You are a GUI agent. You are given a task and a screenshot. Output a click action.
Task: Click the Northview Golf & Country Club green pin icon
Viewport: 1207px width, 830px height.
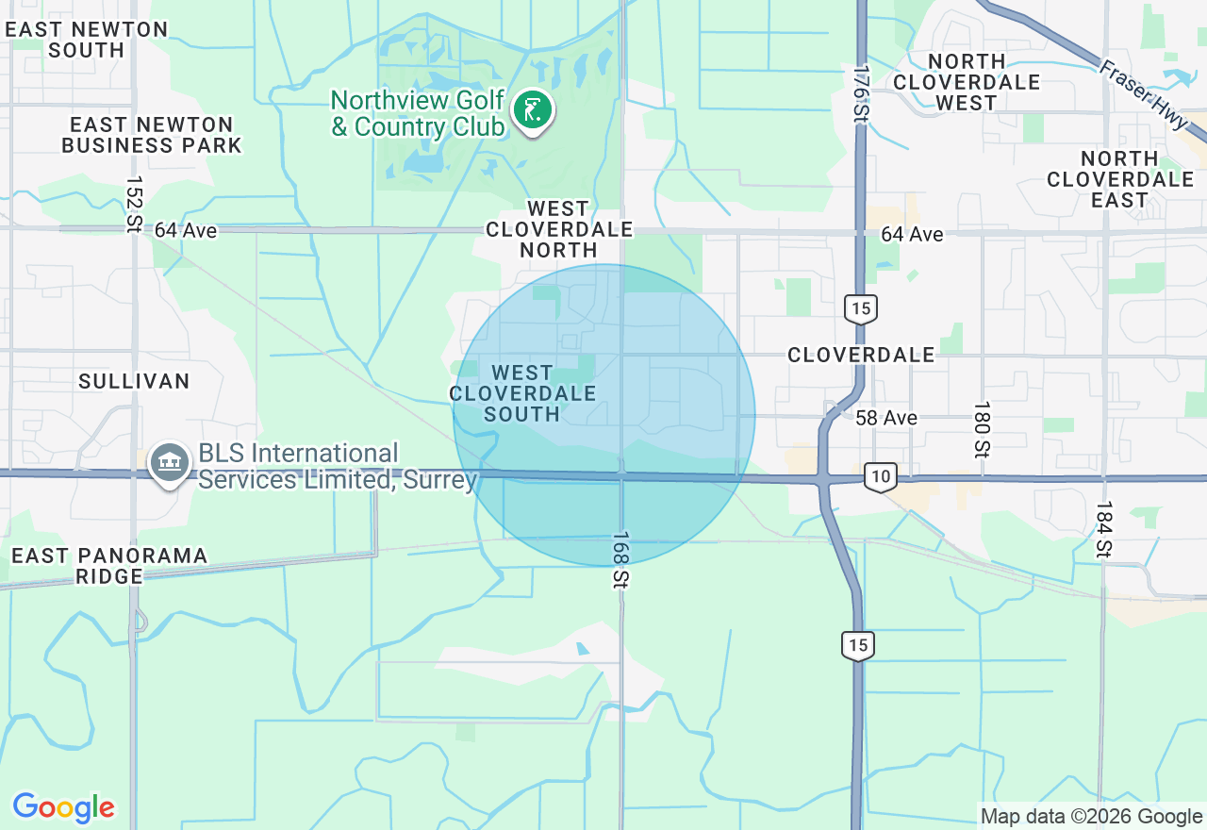pyautogui.click(x=533, y=111)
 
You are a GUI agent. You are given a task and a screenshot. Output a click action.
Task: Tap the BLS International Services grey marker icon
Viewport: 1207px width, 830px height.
pyautogui.click(x=170, y=463)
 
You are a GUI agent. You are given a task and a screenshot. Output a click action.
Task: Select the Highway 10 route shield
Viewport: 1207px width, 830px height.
pyautogui.click(x=880, y=477)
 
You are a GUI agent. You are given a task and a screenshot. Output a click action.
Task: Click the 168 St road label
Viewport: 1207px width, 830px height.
pyautogui.click(x=620, y=560)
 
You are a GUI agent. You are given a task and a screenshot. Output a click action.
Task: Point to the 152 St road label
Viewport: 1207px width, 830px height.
pyautogui.click(x=133, y=203)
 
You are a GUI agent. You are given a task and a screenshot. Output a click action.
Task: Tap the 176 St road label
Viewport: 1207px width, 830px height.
pyautogui.click(x=860, y=91)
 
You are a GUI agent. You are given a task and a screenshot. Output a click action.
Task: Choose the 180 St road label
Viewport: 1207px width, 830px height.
pyautogui.click(x=982, y=429)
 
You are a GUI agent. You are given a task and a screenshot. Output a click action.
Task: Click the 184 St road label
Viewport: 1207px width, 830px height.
pyautogui.click(x=1103, y=529)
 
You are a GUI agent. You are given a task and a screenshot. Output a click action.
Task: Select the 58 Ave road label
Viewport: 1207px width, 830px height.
pyautogui.click(x=885, y=417)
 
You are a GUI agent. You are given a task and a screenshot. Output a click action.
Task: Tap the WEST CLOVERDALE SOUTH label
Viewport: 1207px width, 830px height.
pyautogui.click(x=521, y=393)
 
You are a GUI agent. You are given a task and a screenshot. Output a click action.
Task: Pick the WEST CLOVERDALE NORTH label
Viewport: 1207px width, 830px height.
pyautogui.click(x=558, y=229)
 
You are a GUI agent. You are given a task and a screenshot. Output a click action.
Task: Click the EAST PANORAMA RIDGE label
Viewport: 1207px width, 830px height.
pyautogui.click(x=110, y=565)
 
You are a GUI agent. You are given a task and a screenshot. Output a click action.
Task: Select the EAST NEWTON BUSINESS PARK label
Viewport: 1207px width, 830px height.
pyautogui.click(x=152, y=135)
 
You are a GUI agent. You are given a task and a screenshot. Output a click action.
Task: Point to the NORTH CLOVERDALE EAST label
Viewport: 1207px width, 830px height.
pyautogui.click(x=1120, y=179)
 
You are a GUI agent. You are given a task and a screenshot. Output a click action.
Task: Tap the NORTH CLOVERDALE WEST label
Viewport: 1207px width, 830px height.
pyautogui.click(x=967, y=82)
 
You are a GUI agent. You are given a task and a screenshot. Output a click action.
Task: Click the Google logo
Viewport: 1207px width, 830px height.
pyautogui.click(x=63, y=807)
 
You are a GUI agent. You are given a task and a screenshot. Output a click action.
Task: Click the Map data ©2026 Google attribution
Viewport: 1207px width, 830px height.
pyautogui.click(x=1091, y=817)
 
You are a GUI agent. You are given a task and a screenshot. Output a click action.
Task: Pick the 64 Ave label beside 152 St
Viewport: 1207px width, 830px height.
pyautogui.click(x=186, y=230)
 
